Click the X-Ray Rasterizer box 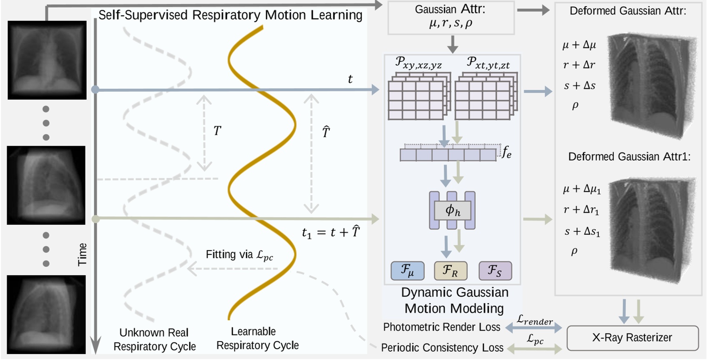point(632,338)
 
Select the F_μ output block point(407,271)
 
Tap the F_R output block point(450,271)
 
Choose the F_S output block point(495,271)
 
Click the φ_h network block point(453,210)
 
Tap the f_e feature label point(506,152)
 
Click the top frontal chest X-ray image point(47,60)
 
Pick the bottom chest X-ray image point(46,315)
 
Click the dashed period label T point(217,131)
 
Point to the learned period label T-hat point(326,132)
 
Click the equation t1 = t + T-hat point(331,232)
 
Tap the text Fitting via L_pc point(239,255)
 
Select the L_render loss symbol point(534,320)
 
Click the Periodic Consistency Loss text point(442,347)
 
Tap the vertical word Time point(82,254)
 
